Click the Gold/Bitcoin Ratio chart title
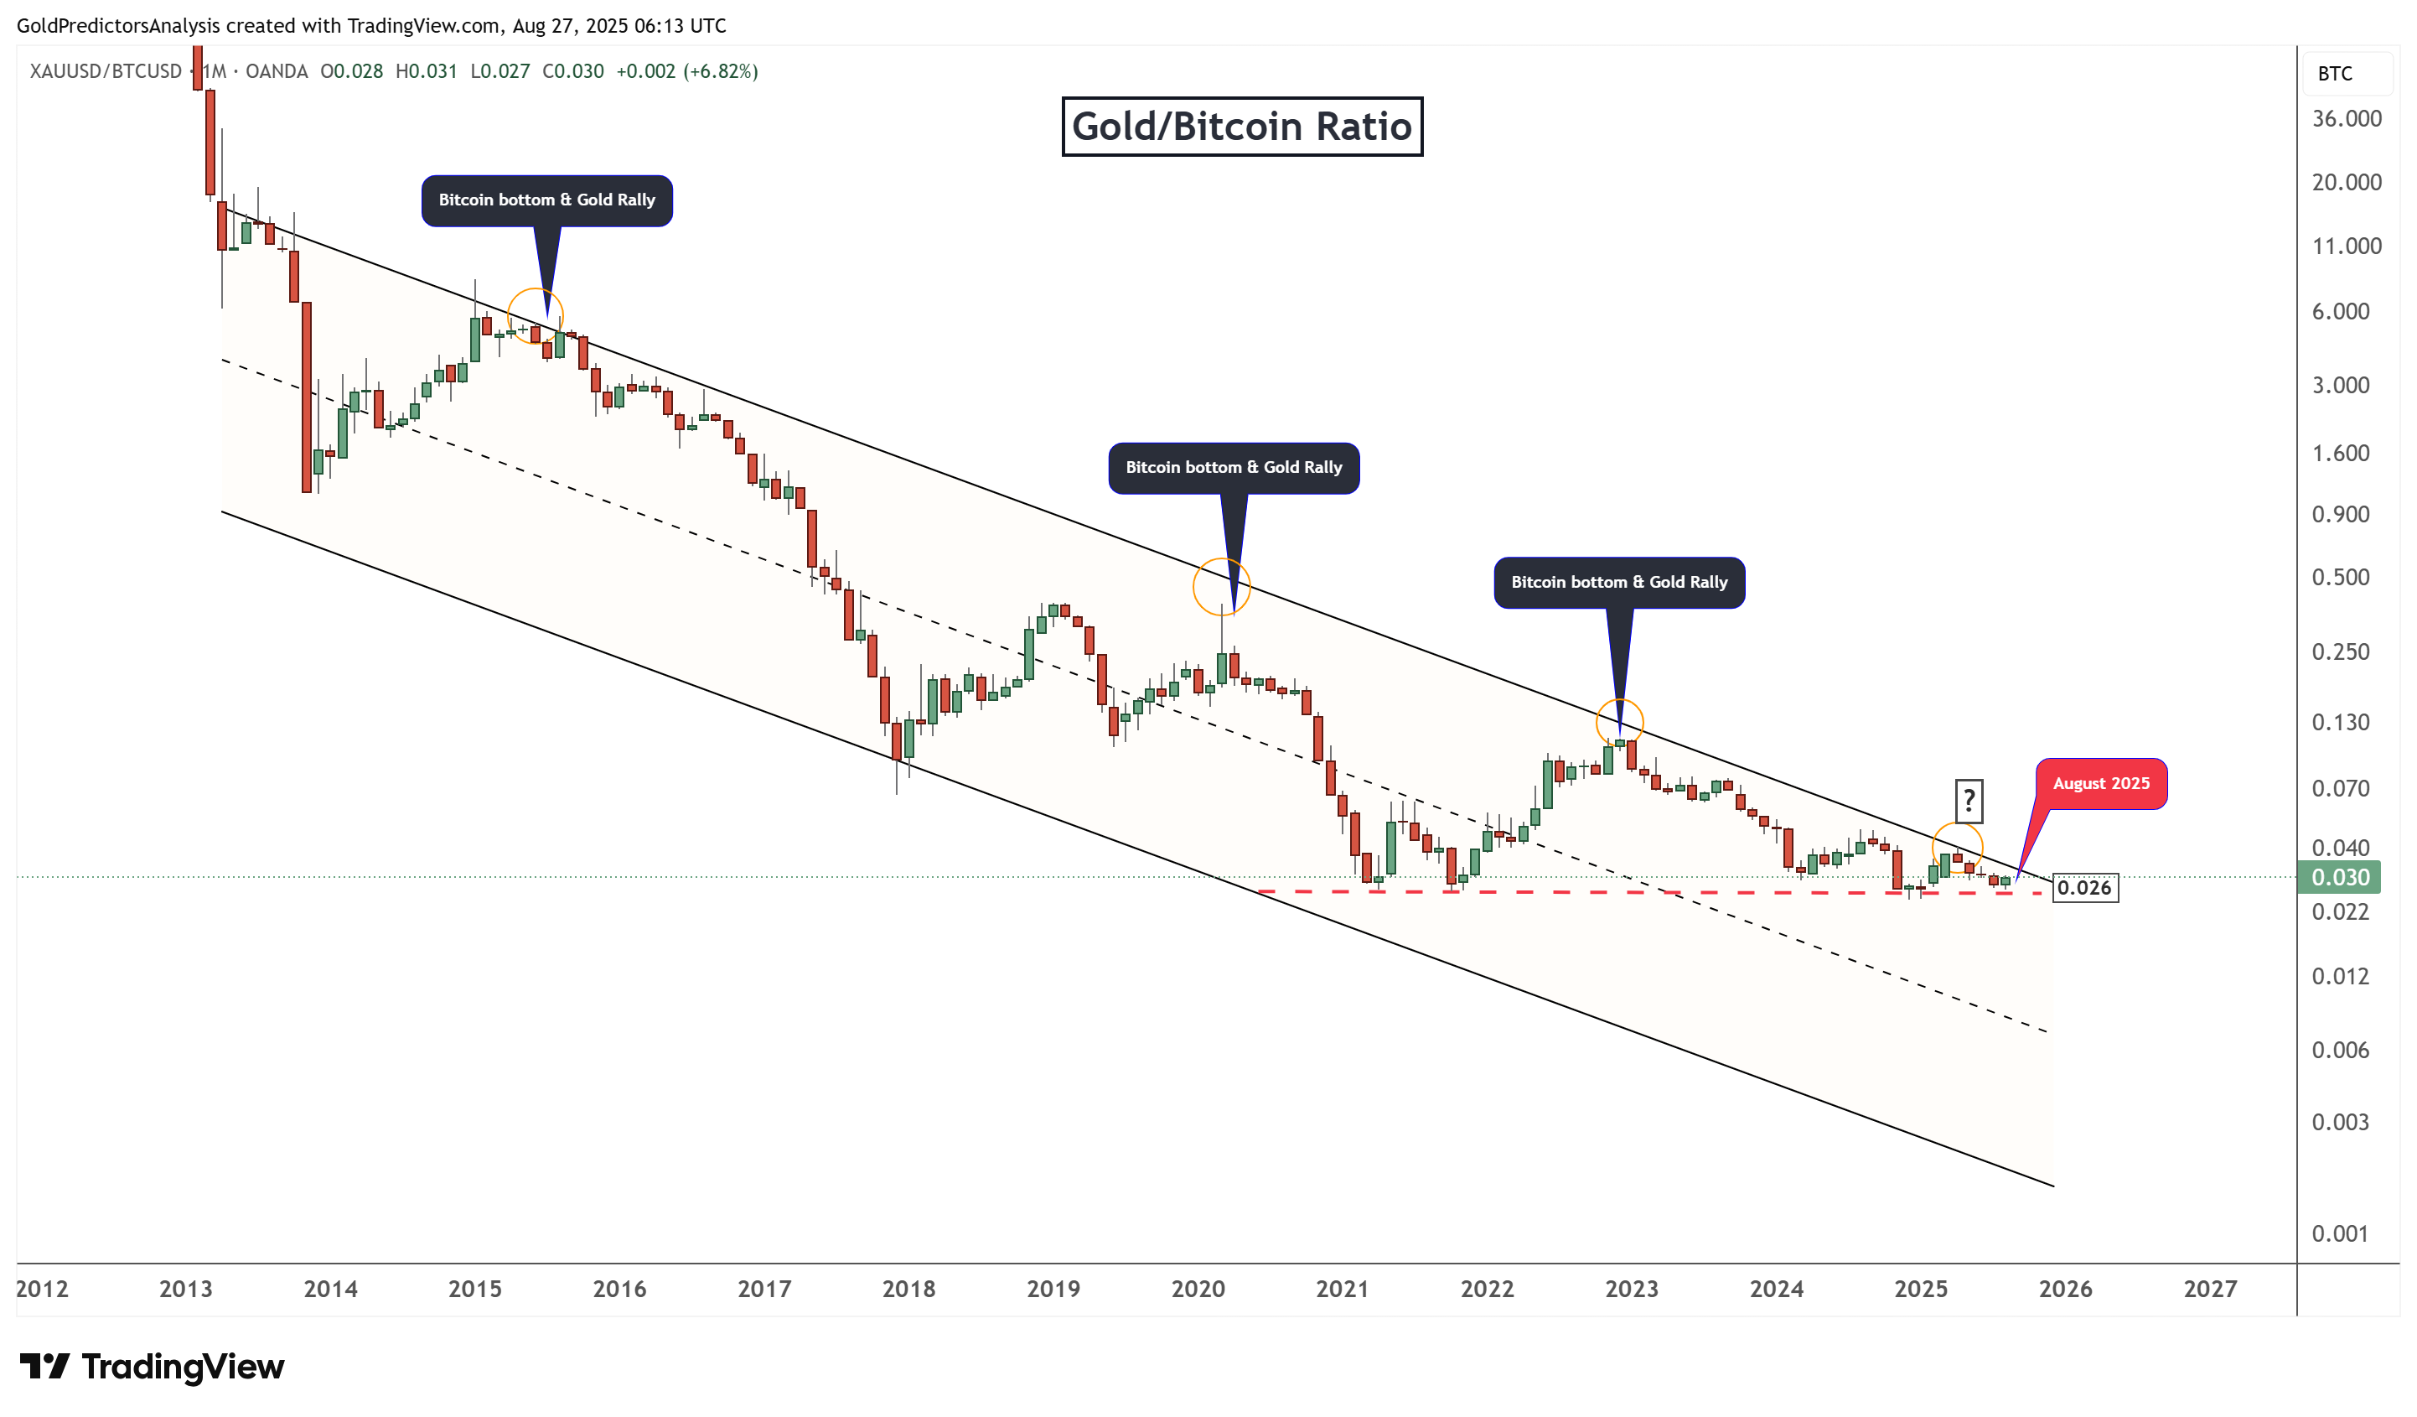tap(1241, 127)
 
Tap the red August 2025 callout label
tap(2099, 783)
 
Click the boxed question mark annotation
tap(1968, 799)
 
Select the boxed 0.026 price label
tap(2084, 887)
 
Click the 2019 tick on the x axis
tap(1053, 1289)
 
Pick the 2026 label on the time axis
tap(2065, 1289)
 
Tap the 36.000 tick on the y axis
tap(2346, 119)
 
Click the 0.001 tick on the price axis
tap(2339, 1233)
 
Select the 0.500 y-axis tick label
tap(2339, 578)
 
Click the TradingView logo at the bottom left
tap(153, 1366)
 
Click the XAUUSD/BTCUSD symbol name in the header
tap(106, 71)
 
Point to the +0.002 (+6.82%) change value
tap(686, 71)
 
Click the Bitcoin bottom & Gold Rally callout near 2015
tap(546, 200)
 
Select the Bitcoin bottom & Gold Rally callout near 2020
tap(1234, 467)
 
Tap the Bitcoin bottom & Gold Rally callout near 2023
tap(1619, 583)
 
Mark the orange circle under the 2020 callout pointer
tap(1221, 586)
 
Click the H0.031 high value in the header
tap(426, 71)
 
